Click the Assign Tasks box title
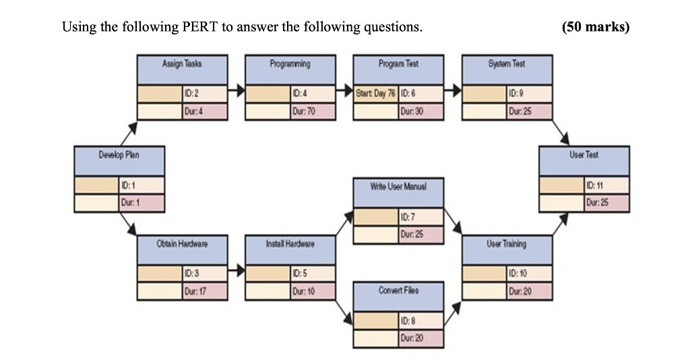pyautogui.click(x=182, y=64)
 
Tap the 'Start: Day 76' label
pyautogui.click(x=376, y=94)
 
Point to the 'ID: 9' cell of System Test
pyautogui.click(x=530, y=94)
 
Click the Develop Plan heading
pyautogui.click(x=119, y=155)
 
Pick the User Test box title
pyautogui.click(x=584, y=155)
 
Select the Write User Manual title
pyautogui.click(x=398, y=186)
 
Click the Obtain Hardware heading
pyautogui.click(x=182, y=244)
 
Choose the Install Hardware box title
pyautogui.click(x=290, y=244)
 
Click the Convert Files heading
pyautogui.click(x=398, y=290)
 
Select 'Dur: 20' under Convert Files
pyautogui.click(x=420, y=338)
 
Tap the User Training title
pyautogui.click(x=507, y=244)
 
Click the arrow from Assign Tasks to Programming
pyautogui.click(x=236, y=89)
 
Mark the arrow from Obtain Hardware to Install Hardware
pyautogui.click(x=236, y=272)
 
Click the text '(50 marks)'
pyautogui.click(x=595, y=28)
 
